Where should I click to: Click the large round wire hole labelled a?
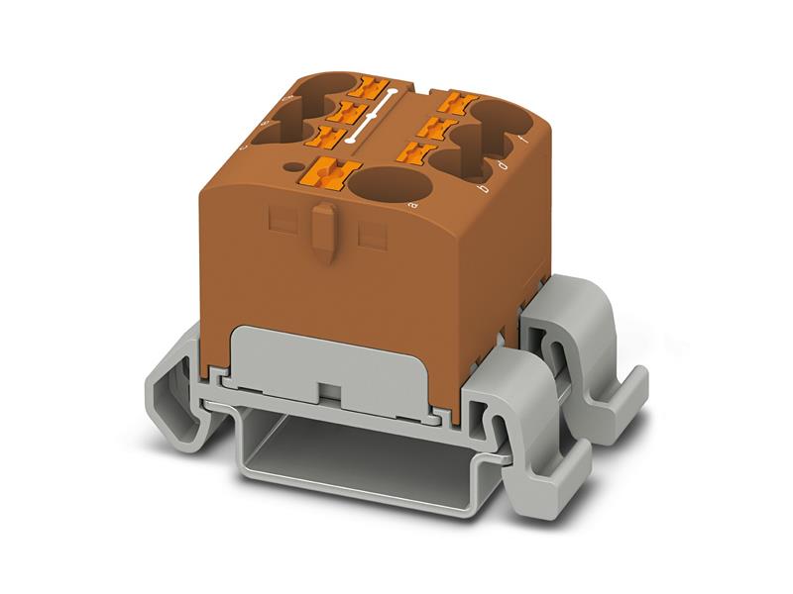pyautogui.click(x=389, y=185)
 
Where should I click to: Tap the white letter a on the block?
pyautogui.click(x=411, y=205)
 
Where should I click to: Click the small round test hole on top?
pyautogui.click(x=293, y=167)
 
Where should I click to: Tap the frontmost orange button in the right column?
pyautogui.click(x=417, y=152)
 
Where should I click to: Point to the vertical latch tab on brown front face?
pyautogui.click(x=323, y=233)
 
